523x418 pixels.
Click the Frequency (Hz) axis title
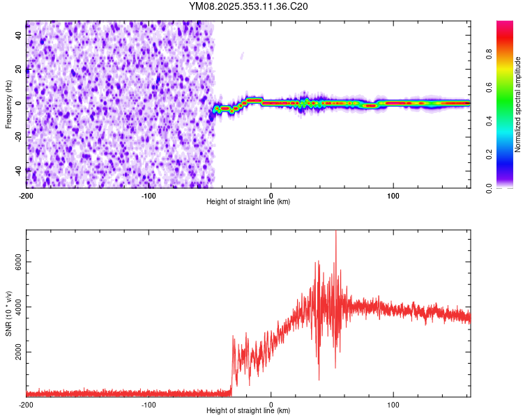pos(8,104)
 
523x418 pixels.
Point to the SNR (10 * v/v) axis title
pos(8,313)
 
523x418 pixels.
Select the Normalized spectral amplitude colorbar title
pos(518,104)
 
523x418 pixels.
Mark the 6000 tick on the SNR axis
pos(15,262)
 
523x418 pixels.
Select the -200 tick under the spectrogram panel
pos(26,194)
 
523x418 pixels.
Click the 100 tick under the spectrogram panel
pos(393,194)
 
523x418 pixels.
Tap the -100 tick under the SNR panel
pos(149,404)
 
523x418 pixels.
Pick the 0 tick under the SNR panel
pos(271,404)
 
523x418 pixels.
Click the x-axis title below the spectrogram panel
pos(248,202)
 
